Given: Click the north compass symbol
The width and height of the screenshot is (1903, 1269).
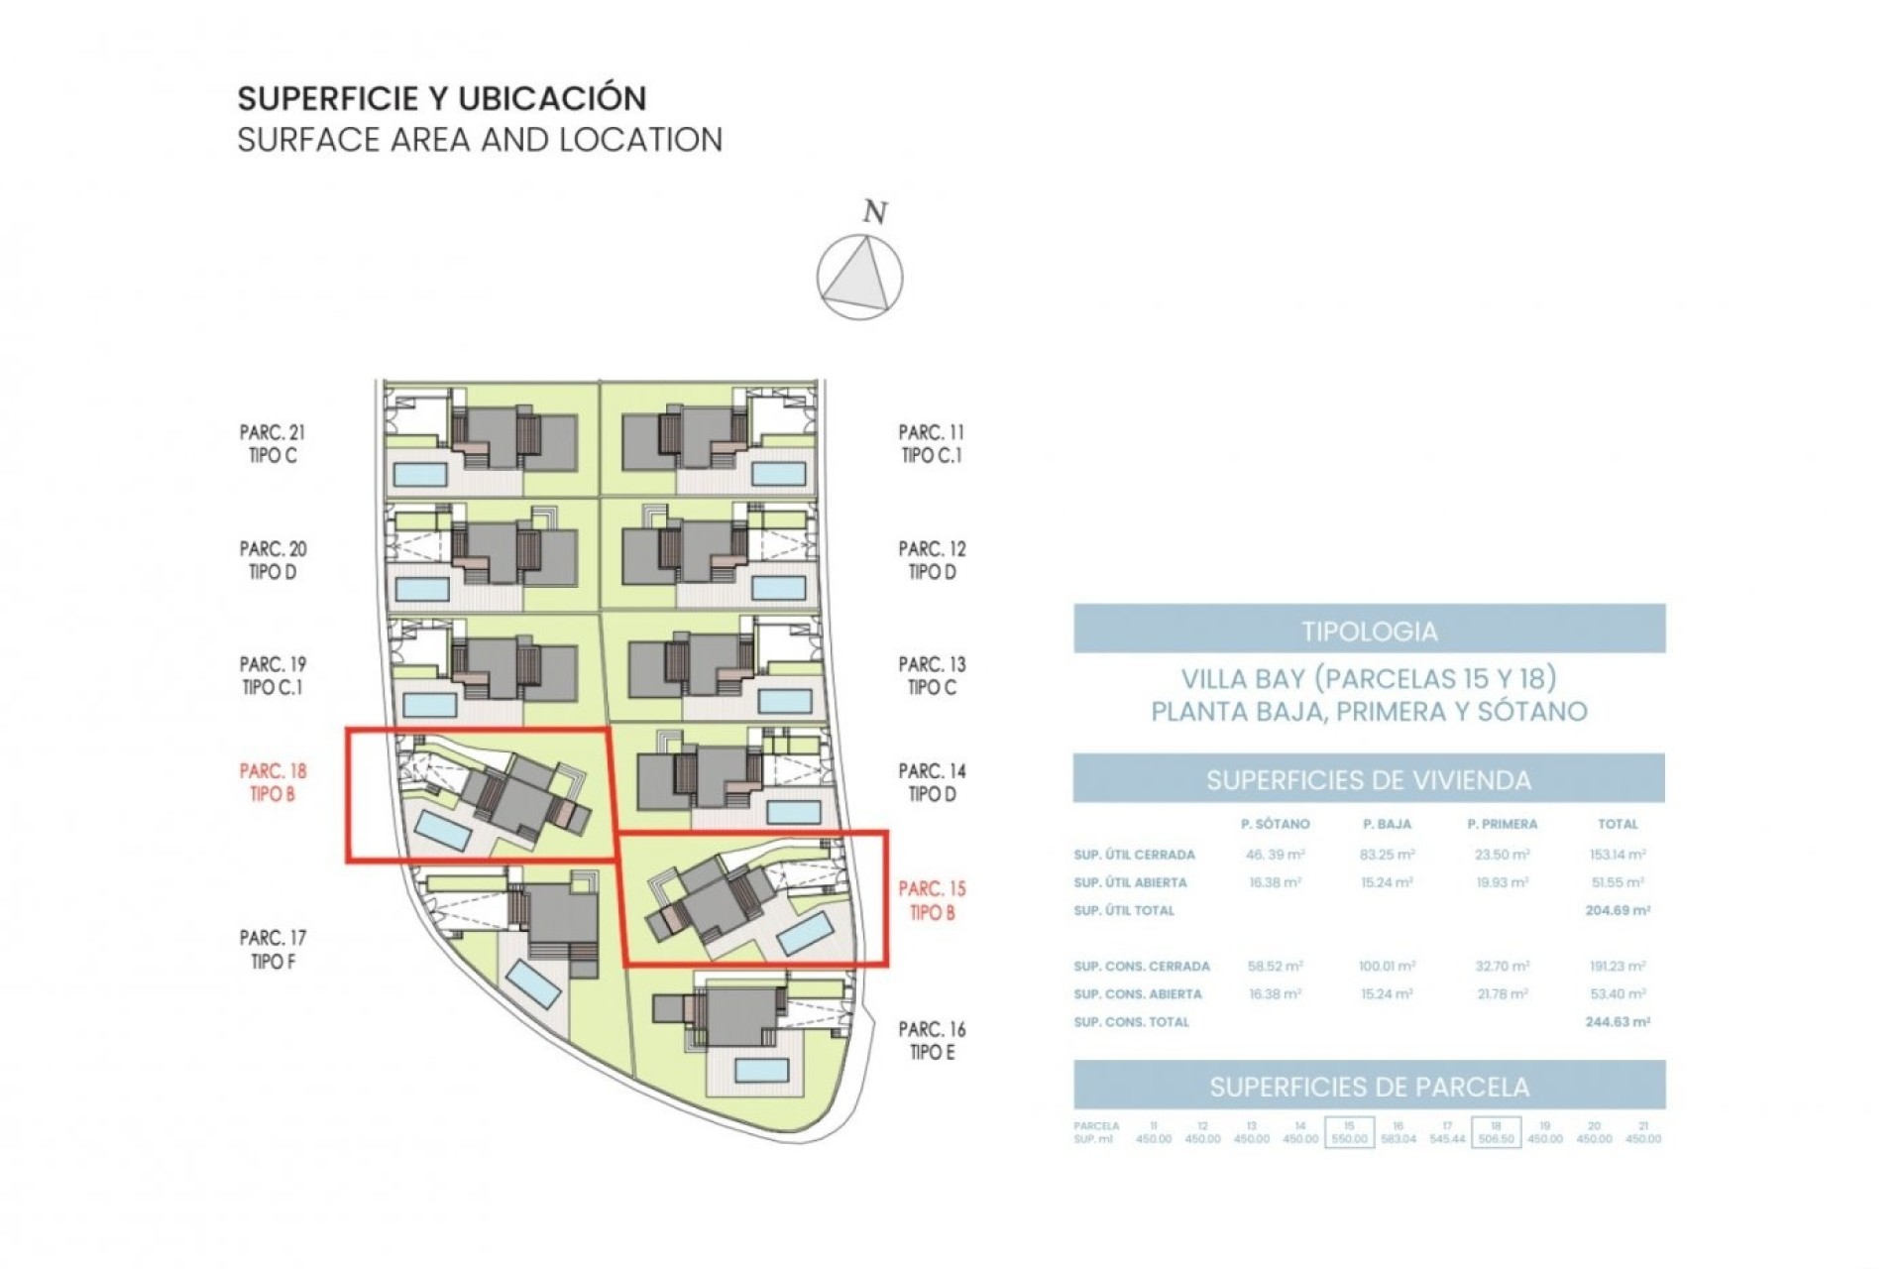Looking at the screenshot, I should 859,277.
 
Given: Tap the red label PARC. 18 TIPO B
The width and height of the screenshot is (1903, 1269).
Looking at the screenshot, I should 273,782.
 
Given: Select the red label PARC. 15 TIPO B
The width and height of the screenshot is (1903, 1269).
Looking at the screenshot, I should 932,900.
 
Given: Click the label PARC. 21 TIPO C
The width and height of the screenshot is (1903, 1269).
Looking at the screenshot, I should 273,444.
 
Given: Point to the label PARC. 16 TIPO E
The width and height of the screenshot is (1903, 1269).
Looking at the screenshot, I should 932,1041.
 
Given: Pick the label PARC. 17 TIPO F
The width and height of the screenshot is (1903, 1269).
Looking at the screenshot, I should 273,949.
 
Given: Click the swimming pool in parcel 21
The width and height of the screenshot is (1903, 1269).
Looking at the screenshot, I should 420,474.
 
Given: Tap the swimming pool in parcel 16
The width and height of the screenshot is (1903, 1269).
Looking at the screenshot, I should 761,1070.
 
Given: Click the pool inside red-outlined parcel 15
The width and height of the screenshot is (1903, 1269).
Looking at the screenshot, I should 804,934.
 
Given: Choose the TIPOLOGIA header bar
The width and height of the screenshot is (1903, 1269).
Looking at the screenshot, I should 1369,631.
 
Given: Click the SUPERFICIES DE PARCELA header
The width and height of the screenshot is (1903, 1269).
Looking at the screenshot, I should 1369,1087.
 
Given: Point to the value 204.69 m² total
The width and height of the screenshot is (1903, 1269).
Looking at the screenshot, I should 1618,910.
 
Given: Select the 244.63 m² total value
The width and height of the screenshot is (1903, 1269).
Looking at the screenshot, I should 1618,1021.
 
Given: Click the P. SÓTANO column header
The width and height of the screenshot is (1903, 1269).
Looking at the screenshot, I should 1275,824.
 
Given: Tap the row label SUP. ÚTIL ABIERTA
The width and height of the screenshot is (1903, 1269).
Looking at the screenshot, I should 1130,882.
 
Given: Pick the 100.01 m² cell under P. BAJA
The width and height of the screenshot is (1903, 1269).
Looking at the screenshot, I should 1387,966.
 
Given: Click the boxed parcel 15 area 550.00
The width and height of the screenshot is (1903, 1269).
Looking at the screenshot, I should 1349,1139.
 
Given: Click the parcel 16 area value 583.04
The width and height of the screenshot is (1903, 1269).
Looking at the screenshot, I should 1398,1139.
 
